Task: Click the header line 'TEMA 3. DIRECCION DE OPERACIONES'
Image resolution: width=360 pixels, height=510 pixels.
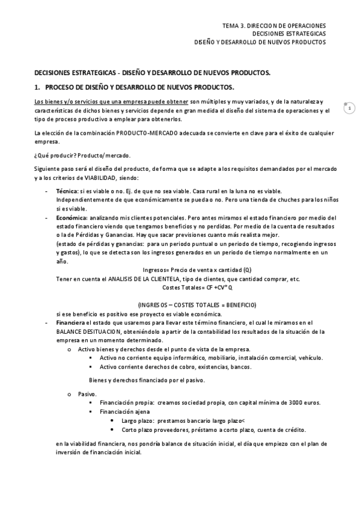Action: pyautogui.click(x=273, y=26)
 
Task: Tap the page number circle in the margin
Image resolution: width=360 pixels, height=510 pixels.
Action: pyautogui.click(x=349, y=108)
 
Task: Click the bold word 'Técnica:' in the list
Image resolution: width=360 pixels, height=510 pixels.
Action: pyautogui.click(x=67, y=190)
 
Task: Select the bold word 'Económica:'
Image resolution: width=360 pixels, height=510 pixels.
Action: pyautogui.click(x=72, y=217)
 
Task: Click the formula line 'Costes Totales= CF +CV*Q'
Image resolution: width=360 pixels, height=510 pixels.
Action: pyautogui.click(x=197, y=287)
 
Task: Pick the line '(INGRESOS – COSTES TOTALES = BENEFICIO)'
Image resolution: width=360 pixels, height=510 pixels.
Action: pyautogui.click(x=197, y=305)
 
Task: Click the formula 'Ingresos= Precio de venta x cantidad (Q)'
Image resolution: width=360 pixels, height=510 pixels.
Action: pyautogui.click(x=197, y=270)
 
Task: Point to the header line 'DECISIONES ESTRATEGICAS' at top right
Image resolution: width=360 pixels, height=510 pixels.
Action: pyautogui.click(x=289, y=34)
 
